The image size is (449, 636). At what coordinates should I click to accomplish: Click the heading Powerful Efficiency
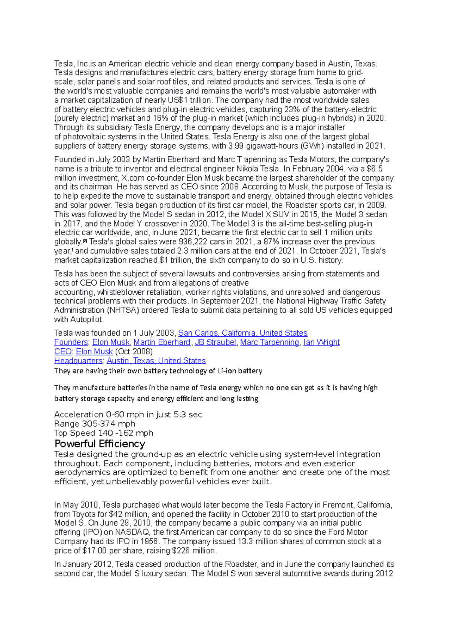click(x=100, y=444)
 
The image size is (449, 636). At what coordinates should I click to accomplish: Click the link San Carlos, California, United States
click(x=242, y=333)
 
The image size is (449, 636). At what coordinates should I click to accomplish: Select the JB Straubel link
click(x=215, y=342)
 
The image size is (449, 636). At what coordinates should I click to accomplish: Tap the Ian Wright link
click(x=321, y=342)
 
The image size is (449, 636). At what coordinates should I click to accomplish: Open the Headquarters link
click(x=78, y=361)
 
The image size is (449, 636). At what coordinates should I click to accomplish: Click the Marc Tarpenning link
click(x=269, y=342)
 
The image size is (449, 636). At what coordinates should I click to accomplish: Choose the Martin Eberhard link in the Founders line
click(x=162, y=342)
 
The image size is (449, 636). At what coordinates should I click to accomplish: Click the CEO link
click(x=62, y=352)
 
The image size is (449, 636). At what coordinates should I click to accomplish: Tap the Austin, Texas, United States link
click(x=156, y=361)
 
